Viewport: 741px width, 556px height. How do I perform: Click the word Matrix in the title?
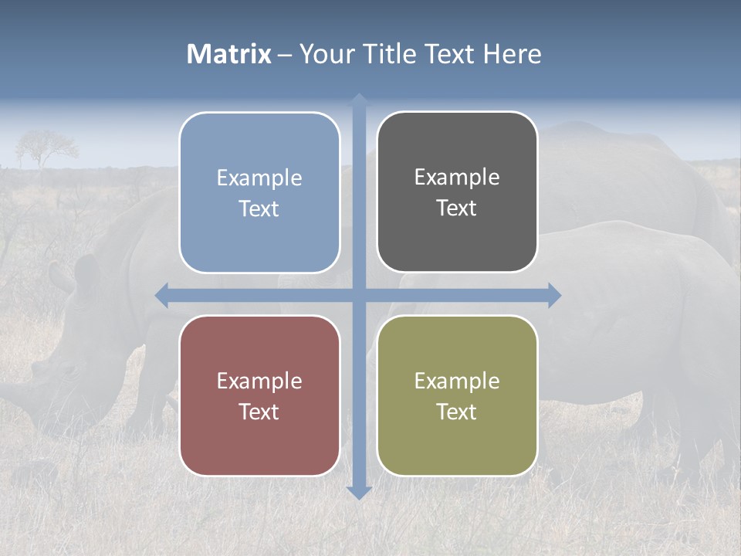tap(229, 54)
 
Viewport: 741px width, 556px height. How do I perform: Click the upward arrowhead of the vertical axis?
tap(359, 100)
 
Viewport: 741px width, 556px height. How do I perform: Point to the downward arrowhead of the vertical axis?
tap(359, 492)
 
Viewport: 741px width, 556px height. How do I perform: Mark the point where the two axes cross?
tap(359, 295)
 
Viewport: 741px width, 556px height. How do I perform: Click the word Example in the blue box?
tap(259, 178)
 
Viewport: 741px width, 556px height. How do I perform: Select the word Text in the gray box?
tap(457, 208)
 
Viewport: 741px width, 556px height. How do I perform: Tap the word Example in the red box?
tap(259, 381)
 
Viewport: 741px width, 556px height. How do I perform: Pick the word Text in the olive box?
tap(457, 412)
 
